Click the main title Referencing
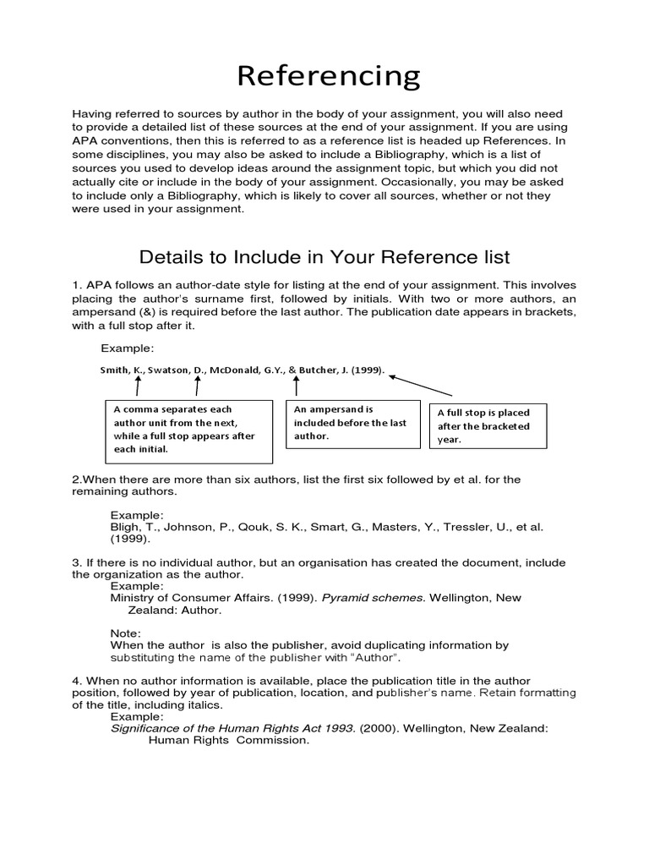pyautogui.click(x=328, y=76)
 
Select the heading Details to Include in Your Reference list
pyautogui.click(x=324, y=256)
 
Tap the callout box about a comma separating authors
pyautogui.click(x=189, y=431)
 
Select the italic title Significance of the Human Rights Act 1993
pyautogui.click(x=233, y=728)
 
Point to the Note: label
pyautogui.click(x=126, y=633)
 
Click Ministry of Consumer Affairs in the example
pyautogui.click(x=189, y=598)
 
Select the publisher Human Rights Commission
pyautogui.click(x=229, y=741)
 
